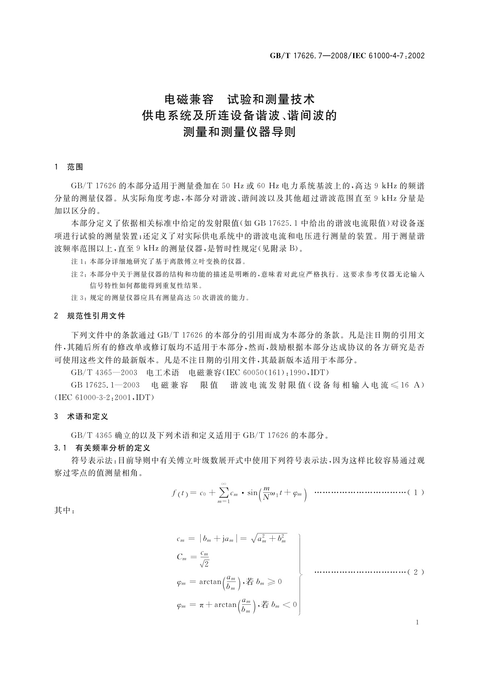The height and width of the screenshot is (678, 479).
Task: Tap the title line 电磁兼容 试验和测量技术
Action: [x=240, y=99]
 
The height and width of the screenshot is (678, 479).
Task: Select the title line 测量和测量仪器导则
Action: [x=240, y=132]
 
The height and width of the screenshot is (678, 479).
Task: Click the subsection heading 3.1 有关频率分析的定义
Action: [x=102, y=448]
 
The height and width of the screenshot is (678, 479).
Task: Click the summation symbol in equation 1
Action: [x=224, y=493]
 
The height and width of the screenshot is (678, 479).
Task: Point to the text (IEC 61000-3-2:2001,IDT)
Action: [x=104, y=397]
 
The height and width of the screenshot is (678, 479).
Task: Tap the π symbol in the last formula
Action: [x=202, y=605]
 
